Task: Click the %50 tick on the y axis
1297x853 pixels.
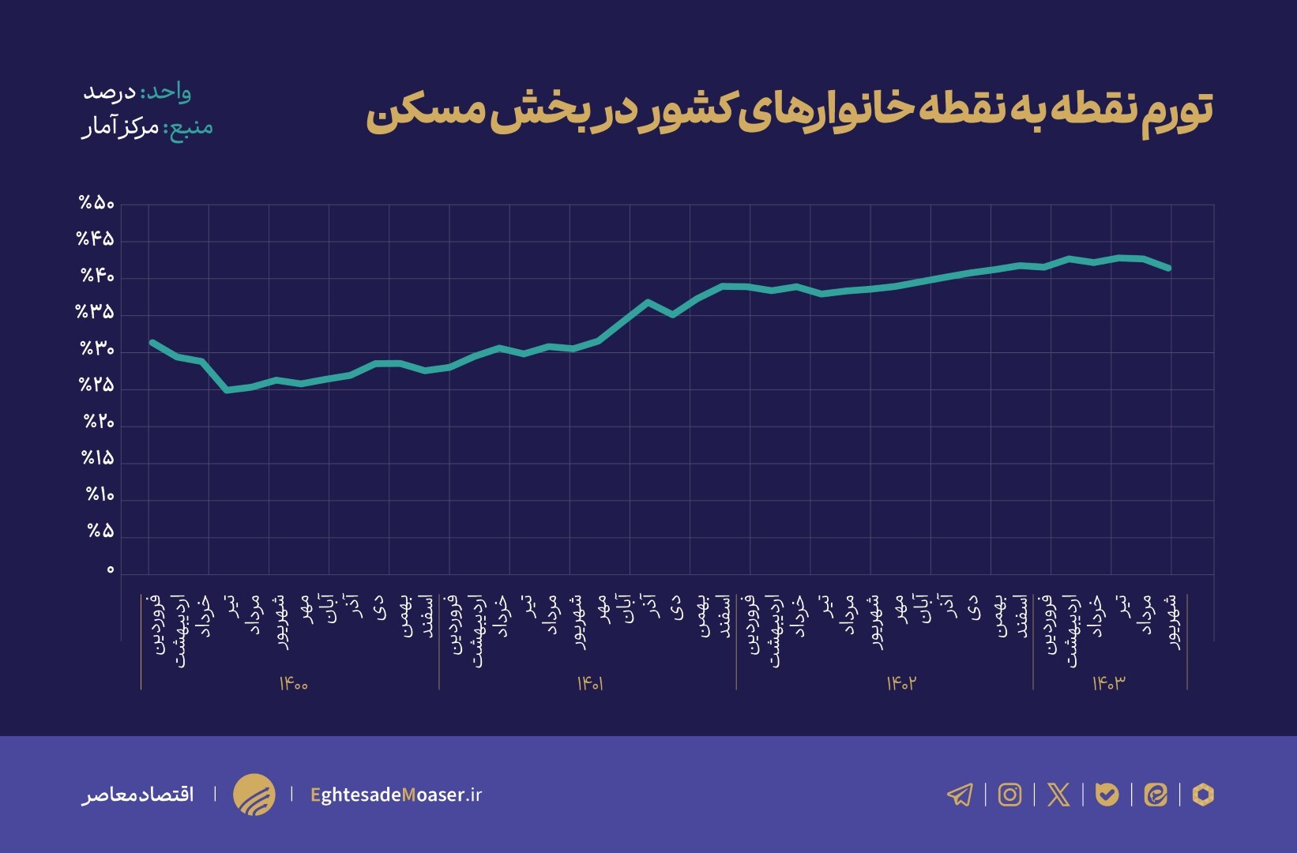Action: pos(96,204)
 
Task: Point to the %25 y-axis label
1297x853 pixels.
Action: pos(96,385)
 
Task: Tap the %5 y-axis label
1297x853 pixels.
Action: pos(100,532)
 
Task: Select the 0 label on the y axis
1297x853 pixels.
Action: pos(110,569)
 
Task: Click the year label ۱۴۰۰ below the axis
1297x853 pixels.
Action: pos(293,684)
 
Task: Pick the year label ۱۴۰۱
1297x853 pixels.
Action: pos(590,684)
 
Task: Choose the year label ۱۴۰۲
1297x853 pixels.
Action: pos(900,684)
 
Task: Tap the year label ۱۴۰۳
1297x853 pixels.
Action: pos(1108,684)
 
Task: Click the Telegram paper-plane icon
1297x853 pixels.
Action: pos(960,795)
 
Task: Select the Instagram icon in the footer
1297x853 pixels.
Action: pos(1009,795)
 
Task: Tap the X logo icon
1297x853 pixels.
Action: pos(1058,795)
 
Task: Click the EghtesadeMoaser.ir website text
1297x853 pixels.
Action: pos(396,795)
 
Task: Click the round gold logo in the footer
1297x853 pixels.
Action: pos(254,795)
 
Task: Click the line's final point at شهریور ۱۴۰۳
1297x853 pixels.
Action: pos(1169,269)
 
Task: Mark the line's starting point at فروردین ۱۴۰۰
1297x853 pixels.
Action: pos(152,342)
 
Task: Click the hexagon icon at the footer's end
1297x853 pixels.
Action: pos(1202,795)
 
